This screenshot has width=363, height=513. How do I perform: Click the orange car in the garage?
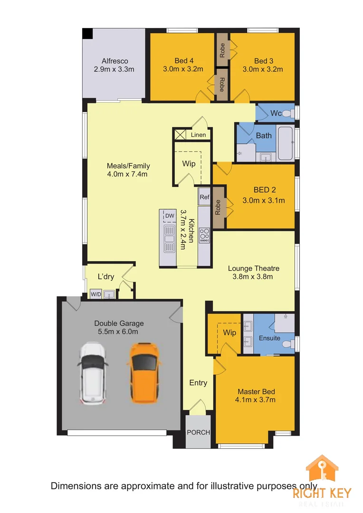[143, 371]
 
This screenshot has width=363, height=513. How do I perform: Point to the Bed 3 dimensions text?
[262, 69]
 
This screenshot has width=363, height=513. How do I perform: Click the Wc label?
[277, 113]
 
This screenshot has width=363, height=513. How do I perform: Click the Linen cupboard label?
[199, 135]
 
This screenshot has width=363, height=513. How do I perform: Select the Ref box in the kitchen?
[204, 197]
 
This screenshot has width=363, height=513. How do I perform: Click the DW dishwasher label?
[170, 216]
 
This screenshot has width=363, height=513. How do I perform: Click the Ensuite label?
[269, 338]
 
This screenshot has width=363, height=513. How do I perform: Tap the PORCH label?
[198, 432]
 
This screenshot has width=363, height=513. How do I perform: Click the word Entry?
[198, 382]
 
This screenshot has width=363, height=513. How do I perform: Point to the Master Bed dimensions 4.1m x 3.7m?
[256, 400]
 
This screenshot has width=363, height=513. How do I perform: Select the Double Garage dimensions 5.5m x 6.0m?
[118, 332]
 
